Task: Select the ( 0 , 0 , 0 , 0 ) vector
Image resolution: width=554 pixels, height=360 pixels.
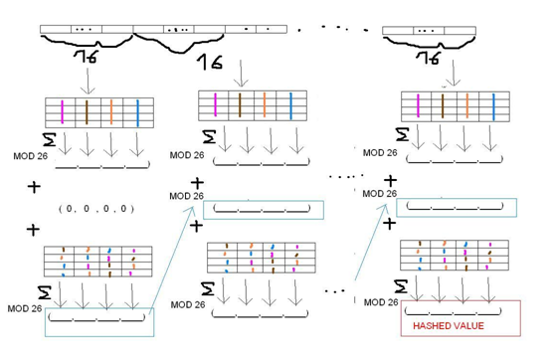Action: point(96,209)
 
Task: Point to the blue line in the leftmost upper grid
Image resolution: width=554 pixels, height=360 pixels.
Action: point(137,111)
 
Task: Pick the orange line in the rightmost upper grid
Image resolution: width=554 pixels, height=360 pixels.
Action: point(466,106)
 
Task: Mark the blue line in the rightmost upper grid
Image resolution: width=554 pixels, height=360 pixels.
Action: point(491,106)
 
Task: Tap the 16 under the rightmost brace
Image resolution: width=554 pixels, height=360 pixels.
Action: point(431,59)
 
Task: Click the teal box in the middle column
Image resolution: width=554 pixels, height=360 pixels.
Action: point(264,210)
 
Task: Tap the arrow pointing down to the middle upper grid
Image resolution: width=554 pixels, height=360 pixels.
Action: point(238,76)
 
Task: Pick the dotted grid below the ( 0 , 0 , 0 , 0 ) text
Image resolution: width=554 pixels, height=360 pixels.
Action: point(96,261)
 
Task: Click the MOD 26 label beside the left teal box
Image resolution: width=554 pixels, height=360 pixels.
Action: point(23,308)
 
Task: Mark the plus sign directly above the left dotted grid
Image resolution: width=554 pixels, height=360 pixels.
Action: point(33,230)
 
